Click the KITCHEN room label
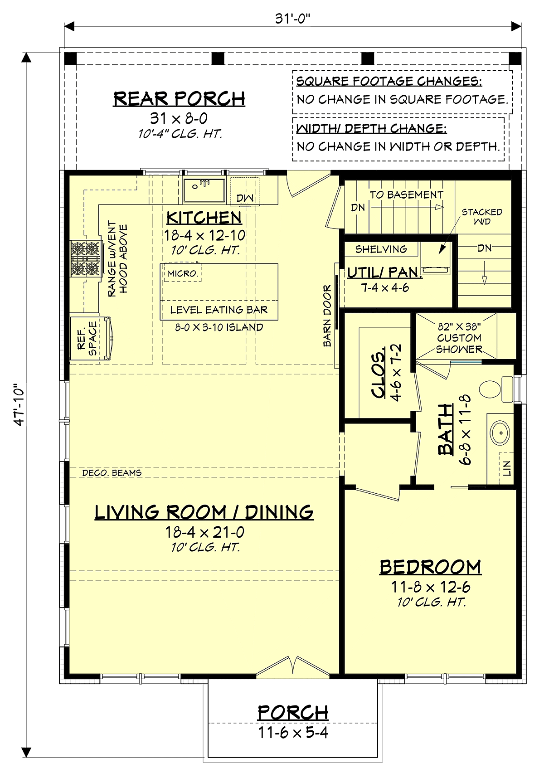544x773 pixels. point(204,218)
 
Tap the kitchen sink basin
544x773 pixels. point(204,190)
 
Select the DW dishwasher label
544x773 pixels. point(245,198)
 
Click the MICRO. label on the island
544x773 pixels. point(183,274)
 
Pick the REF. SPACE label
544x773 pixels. point(87,339)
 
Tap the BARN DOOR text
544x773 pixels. point(327,316)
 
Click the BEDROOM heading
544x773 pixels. point(431,567)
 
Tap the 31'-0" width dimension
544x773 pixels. point(292,19)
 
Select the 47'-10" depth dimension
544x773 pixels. point(19,404)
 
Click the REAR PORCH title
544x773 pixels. point(180,99)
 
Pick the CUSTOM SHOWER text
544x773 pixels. point(459,343)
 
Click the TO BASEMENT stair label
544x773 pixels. point(406,195)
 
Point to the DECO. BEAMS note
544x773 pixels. point(112,473)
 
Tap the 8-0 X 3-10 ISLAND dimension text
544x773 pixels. point(219,327)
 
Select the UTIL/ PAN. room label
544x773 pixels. point(384,272)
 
